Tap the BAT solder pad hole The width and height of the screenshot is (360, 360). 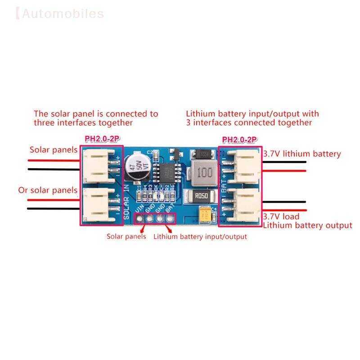click(170, 219)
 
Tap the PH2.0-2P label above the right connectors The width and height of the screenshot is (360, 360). click(239, 140)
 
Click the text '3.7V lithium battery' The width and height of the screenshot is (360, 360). click(302, 154)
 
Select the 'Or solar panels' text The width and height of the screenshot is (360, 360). click(48, 190)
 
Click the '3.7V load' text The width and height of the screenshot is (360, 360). click(281, 216)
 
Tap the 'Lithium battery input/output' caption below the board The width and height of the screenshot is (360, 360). click(200, 236)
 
